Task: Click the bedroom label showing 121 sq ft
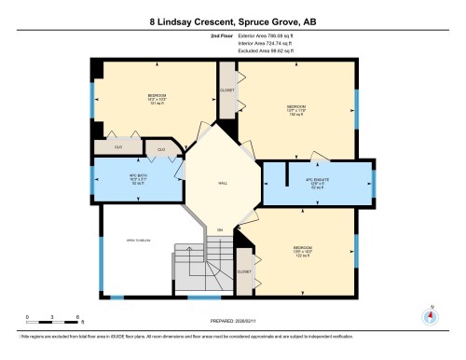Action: tap(156, 100)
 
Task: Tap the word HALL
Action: tap(220, 184)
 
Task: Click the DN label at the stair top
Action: tap(220, 229)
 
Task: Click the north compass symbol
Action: tap(430, 315)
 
